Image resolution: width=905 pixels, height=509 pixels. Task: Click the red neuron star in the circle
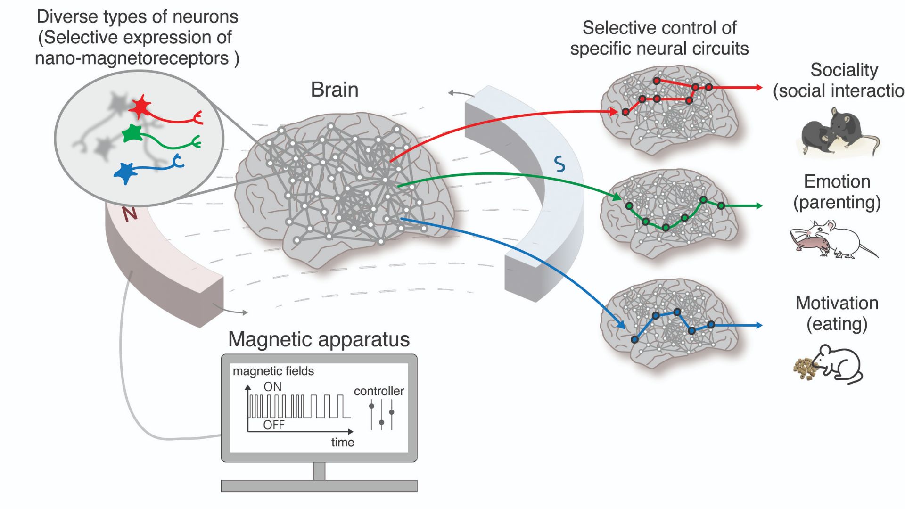point(140,107)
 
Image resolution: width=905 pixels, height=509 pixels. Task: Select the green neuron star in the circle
point(132,134)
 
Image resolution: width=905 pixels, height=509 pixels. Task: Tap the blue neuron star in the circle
point(125,173)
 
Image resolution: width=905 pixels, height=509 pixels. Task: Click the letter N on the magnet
point(130,213)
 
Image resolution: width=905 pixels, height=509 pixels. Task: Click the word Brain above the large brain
point(335,90)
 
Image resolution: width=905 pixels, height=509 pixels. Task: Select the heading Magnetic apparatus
point(319,339)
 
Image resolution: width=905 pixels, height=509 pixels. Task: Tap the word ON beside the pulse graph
point(272,387)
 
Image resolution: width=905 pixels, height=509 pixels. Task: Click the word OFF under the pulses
point(274,425)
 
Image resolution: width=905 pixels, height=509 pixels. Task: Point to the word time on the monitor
point(342,443)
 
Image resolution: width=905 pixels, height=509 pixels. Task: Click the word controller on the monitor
point(378,391)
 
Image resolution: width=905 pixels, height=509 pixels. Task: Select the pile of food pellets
point(805,368)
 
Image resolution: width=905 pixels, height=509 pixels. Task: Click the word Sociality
point(844,70)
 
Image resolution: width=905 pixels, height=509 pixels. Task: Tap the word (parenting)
point(837,203)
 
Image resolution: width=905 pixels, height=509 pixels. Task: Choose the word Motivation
point(837,303)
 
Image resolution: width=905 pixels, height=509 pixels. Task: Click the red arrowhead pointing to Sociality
point(758,87)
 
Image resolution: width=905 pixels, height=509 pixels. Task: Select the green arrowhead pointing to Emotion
point(758,205)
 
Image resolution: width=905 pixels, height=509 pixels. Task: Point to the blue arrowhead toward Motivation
point(758,325)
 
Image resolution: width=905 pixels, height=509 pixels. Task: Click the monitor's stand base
point(319,485)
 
